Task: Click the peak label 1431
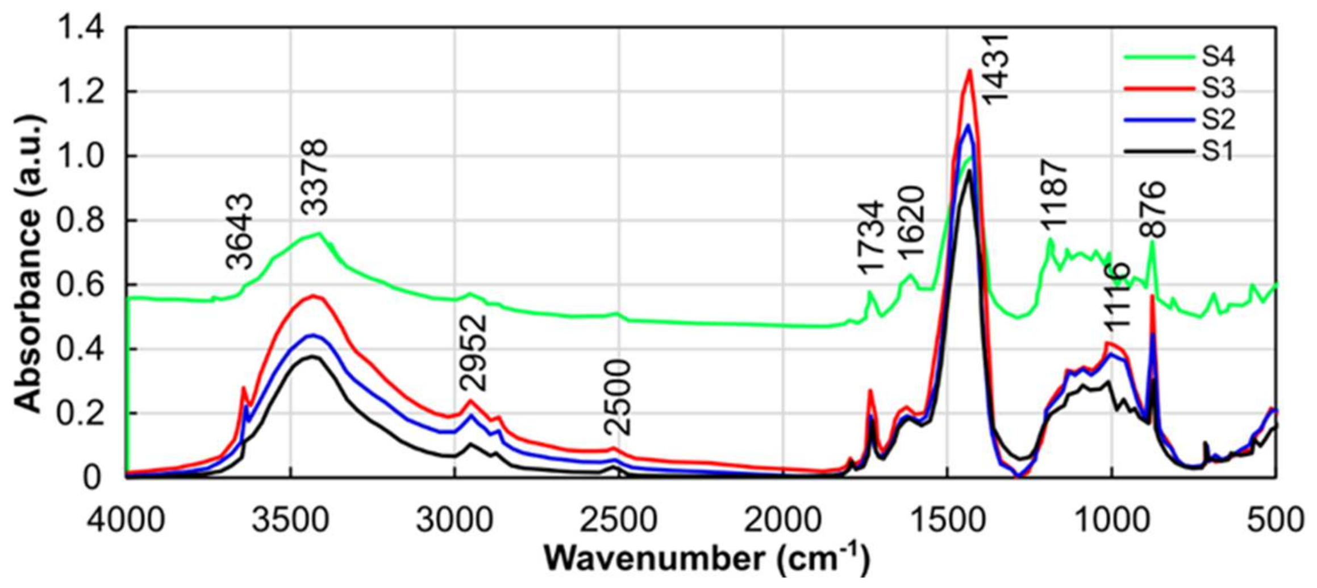pyautogui.click(x=996, y=69)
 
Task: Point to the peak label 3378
pyautogui.click(x=314, y=177)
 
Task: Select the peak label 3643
pyautogui.click(x=239, y=231)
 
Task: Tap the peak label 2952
pyautogui.click(x=473, y=352)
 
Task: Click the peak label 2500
pyautogui.click(x=618, y=397)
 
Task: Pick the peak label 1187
pyautogui.click(x=1055, y=194)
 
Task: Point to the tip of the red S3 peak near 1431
pyautogui.click(x=970, y=71)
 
